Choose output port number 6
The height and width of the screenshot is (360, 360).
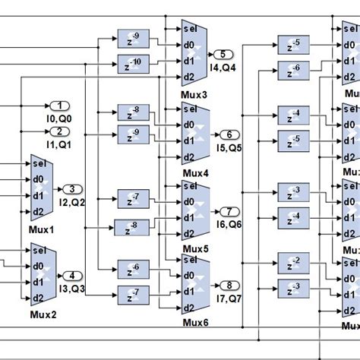coord(231,134)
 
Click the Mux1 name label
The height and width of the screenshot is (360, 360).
coord(43,229)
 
